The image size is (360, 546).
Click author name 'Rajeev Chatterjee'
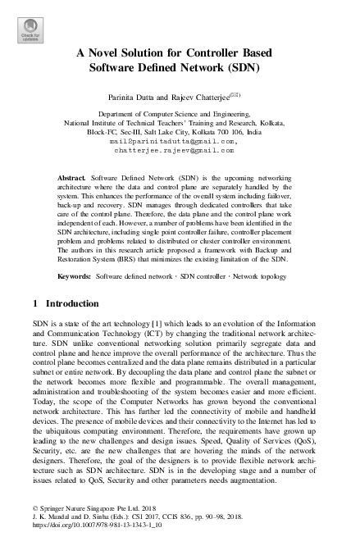210,96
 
